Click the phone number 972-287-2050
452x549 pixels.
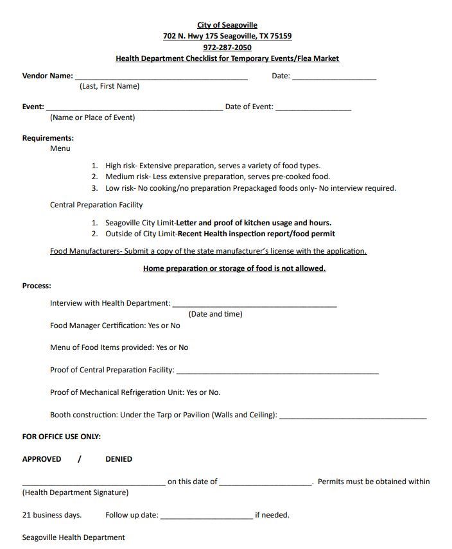coord(227,48)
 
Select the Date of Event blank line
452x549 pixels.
coord(313,109)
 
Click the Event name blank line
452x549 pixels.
coord(134,109)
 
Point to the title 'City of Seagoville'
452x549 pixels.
coord(227,26)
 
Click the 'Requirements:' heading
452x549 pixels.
coord(48,138)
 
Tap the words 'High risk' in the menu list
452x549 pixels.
coord(121,166)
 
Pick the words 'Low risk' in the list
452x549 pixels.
coord(120,188)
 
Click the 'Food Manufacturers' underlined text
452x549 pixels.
coord(85,251)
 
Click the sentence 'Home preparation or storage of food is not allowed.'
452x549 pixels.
coord(234,268)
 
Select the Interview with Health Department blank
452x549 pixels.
coord(254,305)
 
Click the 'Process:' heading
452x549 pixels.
coord(37,286)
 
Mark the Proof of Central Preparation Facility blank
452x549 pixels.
coord(277,372)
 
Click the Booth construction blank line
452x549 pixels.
coord(352,417)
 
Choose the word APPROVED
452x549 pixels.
coord(42,459)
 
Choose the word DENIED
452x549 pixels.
coord(119,459)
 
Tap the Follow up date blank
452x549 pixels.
coord(206,517)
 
